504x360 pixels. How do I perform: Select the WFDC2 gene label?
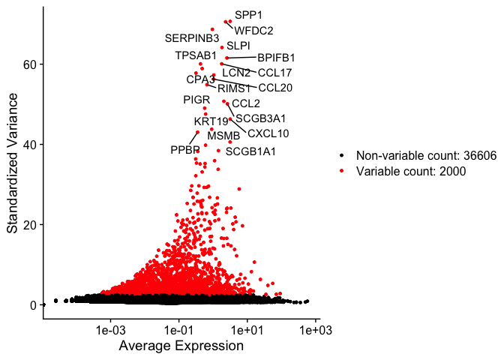253,31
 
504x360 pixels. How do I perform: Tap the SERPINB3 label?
192,38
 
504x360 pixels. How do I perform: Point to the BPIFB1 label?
276,58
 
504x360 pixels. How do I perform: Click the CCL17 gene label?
274,73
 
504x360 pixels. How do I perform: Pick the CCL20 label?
275,88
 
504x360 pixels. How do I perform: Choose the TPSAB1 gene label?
196,55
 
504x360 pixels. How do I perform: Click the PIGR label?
197,100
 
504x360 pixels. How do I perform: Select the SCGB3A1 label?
260,118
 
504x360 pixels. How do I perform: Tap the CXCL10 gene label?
268,134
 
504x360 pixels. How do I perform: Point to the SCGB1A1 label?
250,151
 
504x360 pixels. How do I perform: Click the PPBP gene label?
184,150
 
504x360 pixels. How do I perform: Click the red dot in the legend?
343,171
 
